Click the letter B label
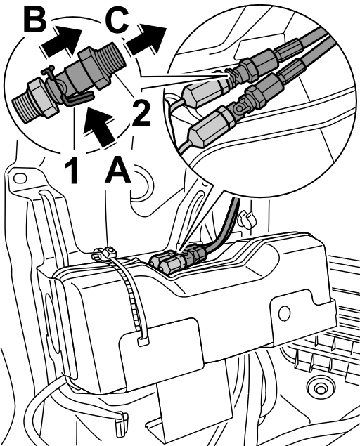coord(35,20)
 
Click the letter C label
coord(117,20)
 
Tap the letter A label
coord(118,170)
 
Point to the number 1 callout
coord(71,171)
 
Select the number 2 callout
coord(141,114)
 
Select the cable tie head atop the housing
coord(110,251)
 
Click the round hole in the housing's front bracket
coord(284,313)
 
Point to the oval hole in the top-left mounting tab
coord(20,178)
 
